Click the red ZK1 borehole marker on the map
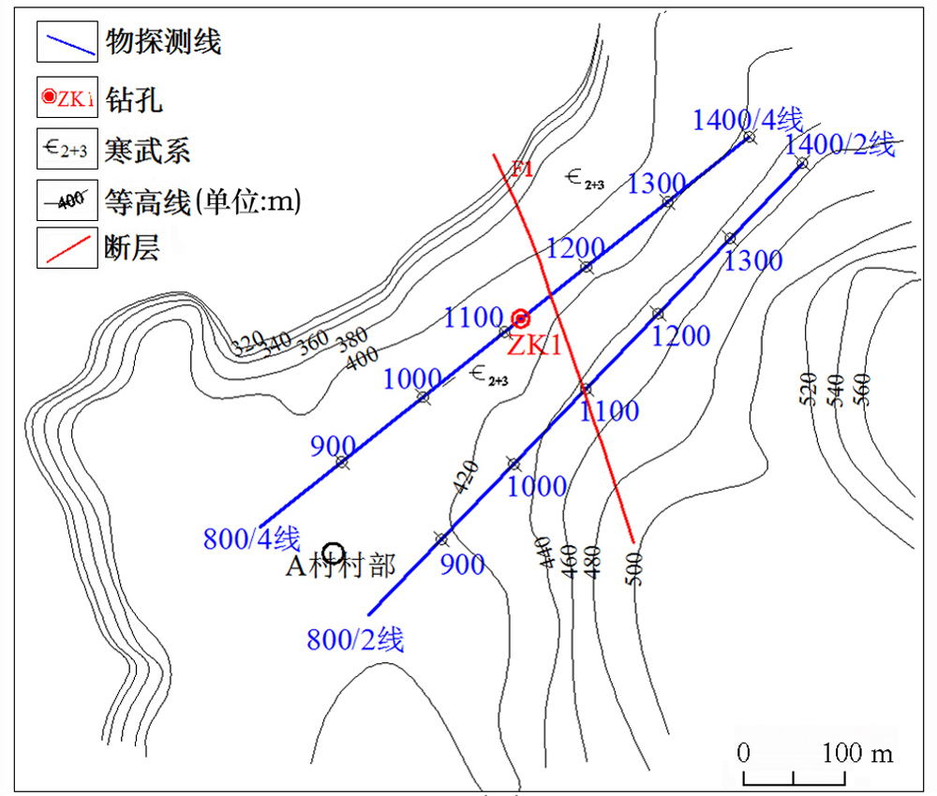coord(522,318)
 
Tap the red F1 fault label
coord(522,170)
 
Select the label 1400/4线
coord(748,120)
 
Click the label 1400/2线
coord(840,144)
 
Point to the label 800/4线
coord(251,539)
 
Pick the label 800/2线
coord(355,641)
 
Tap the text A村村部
coord(340,566)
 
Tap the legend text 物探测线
coord(164,42)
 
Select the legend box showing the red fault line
coord(67,248)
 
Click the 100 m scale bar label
coord(858,753)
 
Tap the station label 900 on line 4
coord(333,447)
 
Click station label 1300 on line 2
coord(753,260)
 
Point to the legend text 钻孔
coord(135,97)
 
